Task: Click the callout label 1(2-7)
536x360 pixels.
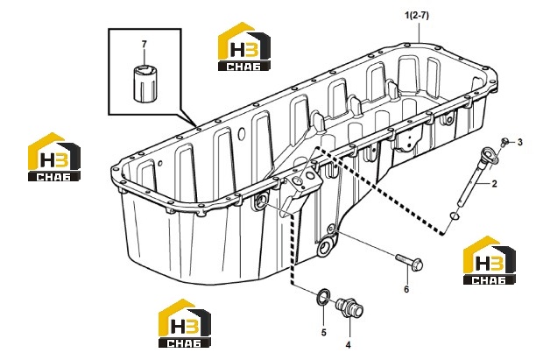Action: click(417, 16)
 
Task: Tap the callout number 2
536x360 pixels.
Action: click(494, 184)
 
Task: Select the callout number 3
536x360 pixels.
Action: click(520, 142)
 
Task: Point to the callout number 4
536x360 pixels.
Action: click(348, 345)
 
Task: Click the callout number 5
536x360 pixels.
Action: click(323, 332)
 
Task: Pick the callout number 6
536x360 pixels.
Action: click(406, 289)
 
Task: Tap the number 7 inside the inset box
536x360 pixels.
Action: click(144, 44)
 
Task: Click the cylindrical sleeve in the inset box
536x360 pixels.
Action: click(145, 82)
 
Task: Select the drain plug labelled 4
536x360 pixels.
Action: click(349, 306)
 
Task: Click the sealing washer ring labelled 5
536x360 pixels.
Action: click(323, 297)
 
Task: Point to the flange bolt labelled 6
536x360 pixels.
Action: click(410, 262)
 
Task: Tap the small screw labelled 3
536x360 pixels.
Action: click(504, 141)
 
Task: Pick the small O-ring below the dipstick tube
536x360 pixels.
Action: click(455, 216)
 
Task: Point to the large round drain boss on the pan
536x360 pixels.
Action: click(326, 248)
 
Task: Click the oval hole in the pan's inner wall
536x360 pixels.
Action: click(242, 134)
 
